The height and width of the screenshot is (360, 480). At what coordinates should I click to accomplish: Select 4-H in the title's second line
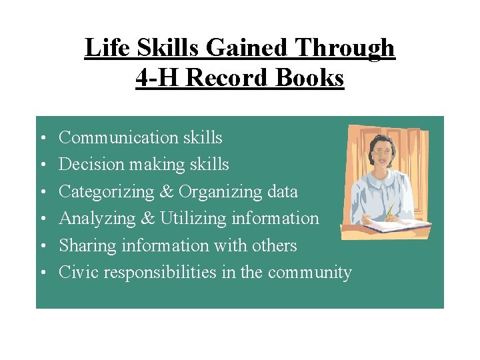[x=158, y=77]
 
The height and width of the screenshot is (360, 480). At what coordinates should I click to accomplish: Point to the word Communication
[x=114, y=137]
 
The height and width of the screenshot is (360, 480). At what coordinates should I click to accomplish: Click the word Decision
[x=86, y=164]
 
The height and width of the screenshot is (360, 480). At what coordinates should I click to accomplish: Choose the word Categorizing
[x=107, y=191]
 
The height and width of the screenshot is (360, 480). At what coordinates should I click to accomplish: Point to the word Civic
[x=77, y=272]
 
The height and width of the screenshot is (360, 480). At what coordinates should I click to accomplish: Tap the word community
[x=315, y=272]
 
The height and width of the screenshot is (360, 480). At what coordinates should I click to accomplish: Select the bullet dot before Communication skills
[x=41, y=139]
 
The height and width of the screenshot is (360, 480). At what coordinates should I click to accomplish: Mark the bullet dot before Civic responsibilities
[x=41, y=273]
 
